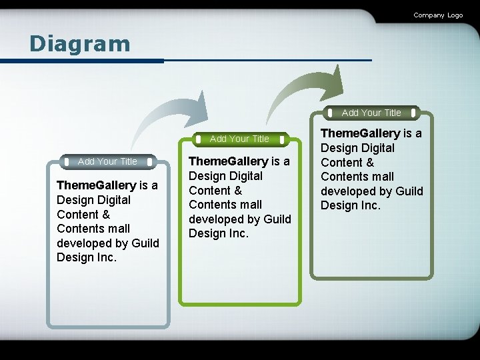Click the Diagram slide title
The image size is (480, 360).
[79, 44]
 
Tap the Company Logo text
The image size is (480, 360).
[437, 15]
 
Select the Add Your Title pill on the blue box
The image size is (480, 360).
[107, 161]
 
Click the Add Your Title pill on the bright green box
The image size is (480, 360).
[239, 139]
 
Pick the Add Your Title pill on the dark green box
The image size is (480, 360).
[371, 113]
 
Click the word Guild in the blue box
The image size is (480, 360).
[145, 243]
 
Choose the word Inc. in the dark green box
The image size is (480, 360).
[370, 205]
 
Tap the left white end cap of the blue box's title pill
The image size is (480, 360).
[66, 161]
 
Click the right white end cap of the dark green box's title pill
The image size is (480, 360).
[414, 113]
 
